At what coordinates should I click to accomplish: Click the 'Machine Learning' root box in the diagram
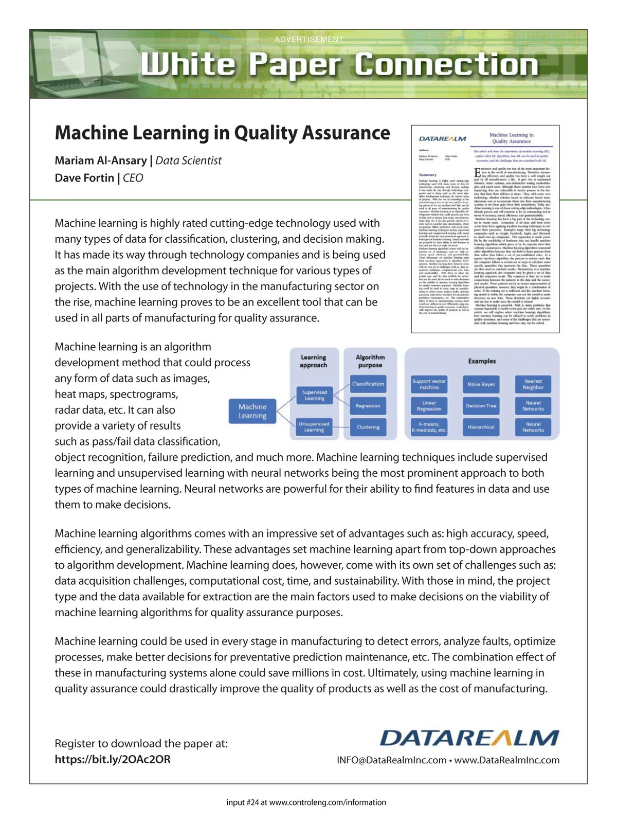tap(252, 411)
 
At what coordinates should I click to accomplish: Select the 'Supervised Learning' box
tap(314, 395)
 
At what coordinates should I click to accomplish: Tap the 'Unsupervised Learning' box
tap(314, 427)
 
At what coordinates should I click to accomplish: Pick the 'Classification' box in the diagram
tap(368, 384)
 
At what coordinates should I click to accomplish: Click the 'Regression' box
tap(368, 406)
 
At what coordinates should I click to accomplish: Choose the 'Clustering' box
tap(368, 427)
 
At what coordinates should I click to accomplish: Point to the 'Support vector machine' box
tap(429, 384)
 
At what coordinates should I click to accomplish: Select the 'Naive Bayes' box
tap(481, 384)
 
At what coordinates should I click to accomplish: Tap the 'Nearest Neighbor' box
tap(533, 384)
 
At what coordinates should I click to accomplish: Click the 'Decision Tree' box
tap(481, 406)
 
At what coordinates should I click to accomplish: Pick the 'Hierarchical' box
tap(481, 427)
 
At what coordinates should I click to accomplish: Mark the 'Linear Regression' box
tap(429, 406)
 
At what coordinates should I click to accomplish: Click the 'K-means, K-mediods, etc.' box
tap(429, 427)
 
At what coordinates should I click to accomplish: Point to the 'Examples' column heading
tap(482, 361)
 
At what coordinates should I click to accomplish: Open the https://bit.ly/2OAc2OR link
tap(113, 759)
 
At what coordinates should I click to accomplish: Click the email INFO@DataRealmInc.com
tap(391, 760)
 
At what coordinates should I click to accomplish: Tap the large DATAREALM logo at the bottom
tap(469, 738)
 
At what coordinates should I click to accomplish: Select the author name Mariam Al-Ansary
tap(100, 160)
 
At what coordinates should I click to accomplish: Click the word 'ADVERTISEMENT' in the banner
tap(308, 39)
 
